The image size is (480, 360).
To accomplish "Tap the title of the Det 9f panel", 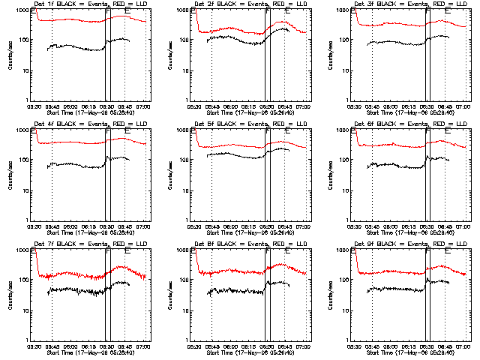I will (411, 244).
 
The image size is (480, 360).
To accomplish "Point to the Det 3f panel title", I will (411, 4).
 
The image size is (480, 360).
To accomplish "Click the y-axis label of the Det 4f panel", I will (10, 175).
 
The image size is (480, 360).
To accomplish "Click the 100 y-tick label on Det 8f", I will (185, 280).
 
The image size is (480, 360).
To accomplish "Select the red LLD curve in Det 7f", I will (75, 274).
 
